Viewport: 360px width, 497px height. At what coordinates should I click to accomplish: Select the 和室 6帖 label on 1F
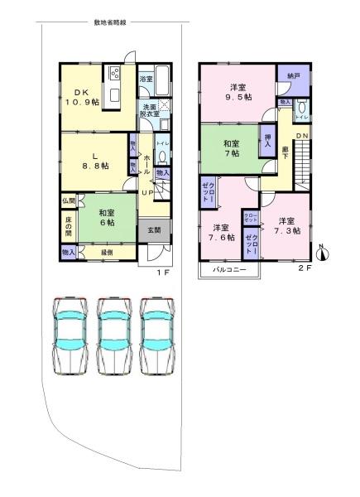pyautogui.click(x=105, y=218)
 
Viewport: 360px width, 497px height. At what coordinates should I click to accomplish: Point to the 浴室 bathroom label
pyautogui.click(x=146, y=79)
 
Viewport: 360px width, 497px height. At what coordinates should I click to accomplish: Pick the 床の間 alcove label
pyautogui.click(x=68, y=224)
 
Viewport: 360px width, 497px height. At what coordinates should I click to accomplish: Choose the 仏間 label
pyautogui.click(x=68, y=200)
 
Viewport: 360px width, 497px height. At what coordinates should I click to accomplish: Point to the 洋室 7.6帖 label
pyautogui.click(x=221, y=233)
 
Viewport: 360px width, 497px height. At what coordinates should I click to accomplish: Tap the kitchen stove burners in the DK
pyautogui.click(x=114, y=72)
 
